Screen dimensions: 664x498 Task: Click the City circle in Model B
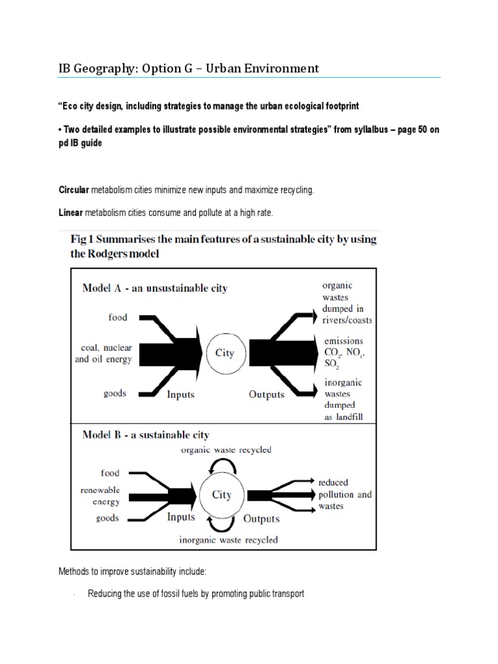coord(221,495)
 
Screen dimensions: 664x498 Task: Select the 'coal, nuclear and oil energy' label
coord(103,353)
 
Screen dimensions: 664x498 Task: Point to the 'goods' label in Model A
coord(115,394)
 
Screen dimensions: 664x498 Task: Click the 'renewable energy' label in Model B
coord(100,496)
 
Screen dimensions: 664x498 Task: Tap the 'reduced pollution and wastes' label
coord(344,494)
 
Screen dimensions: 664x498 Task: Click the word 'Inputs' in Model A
coord(181,394)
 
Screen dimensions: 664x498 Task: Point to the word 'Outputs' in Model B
coord(261,519)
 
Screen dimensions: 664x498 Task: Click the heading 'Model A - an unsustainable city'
coord(154,288)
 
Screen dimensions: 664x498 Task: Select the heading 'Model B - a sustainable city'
coord(145,434)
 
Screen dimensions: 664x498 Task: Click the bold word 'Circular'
coord(73,190)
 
